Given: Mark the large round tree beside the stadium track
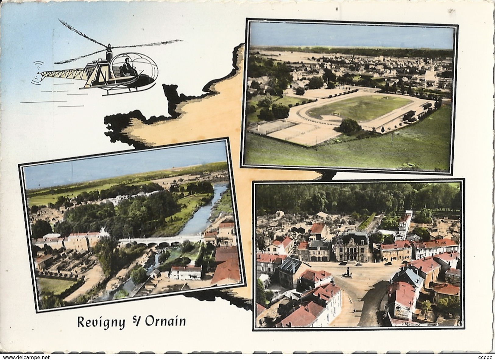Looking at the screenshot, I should pos(349,126).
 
